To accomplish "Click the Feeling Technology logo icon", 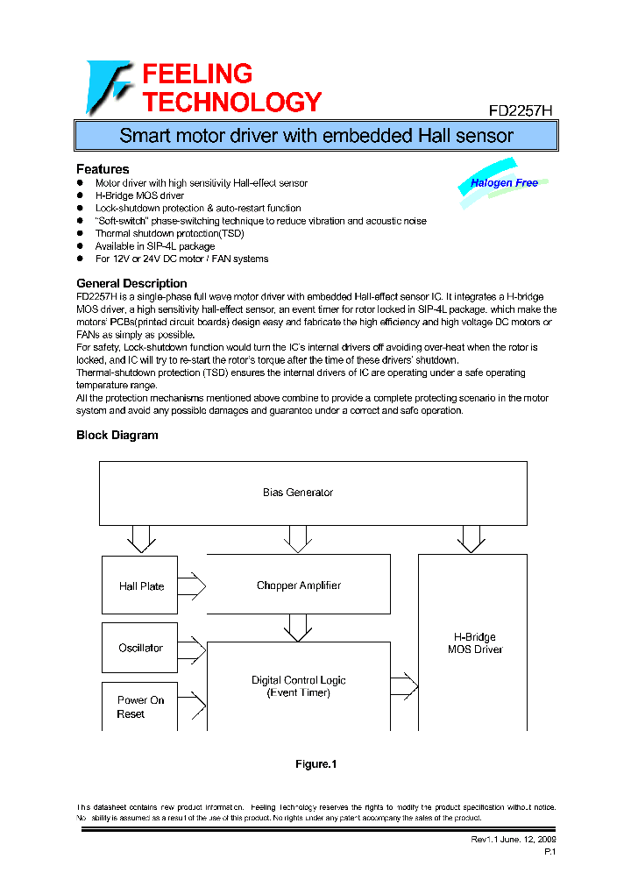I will coord(108,87).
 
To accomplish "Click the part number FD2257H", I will coord(521,111).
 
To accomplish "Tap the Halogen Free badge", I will coord(504,183).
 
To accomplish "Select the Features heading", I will coord(103,168).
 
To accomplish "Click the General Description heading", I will coord(131,283).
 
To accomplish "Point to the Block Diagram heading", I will coord(117,435).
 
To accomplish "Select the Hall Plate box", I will coord(140,585).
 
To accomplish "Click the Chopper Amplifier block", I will coord(298,585).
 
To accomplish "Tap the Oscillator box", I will coord(140,648).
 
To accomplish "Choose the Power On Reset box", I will coord(140,706).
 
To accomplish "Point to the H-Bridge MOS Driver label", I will coord(474,643).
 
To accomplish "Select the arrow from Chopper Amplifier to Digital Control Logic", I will coord(298,627).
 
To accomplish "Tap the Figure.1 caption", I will coord(315,764).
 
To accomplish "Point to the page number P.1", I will coord(549,852).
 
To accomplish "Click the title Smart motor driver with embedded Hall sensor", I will coord(315,136).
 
